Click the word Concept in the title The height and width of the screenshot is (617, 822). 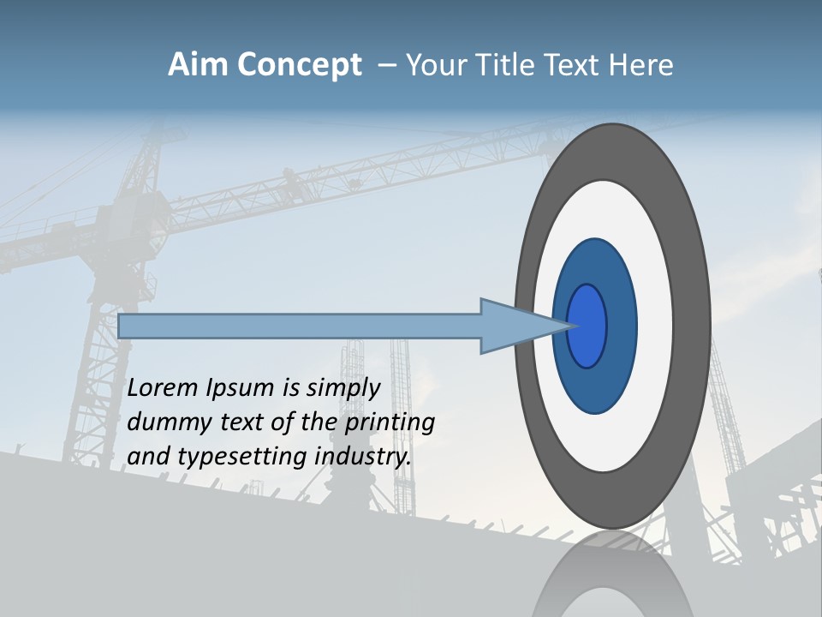[299, 65]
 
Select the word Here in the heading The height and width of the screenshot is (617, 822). [641, 65]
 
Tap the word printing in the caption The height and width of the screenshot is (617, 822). [390, 422]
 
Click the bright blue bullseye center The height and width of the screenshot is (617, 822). [587, 326]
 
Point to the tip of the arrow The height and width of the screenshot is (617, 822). [572, 326]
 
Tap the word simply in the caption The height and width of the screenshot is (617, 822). [343, 388]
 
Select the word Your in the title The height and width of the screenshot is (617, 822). [434, 65]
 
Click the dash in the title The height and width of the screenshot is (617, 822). [386, 65]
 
